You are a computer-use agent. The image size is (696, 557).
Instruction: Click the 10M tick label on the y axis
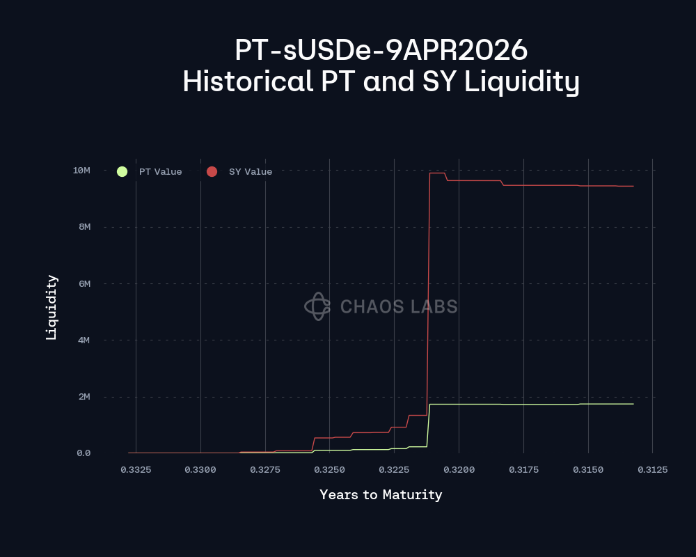[81, 171]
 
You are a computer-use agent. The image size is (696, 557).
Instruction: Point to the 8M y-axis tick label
[84, 227]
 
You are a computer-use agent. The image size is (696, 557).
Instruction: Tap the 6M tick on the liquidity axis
[84, 283]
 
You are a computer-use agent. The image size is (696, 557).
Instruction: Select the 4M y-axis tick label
[84, 340]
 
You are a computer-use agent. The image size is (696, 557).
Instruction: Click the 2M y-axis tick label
[84, 397]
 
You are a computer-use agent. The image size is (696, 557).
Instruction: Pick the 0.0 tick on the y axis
[84, 453]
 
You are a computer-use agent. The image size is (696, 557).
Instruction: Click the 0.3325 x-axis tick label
[136, 470]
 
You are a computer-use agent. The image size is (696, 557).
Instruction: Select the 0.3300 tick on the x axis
[200, 470]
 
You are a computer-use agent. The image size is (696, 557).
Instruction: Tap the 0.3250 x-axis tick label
[329, 470]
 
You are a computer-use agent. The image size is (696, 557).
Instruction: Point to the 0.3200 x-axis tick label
[459, 470]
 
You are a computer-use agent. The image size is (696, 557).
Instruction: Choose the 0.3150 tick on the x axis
[588, 470]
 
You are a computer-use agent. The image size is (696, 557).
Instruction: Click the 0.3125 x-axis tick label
[652, 470]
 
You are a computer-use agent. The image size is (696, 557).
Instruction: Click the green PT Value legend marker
[122, 171]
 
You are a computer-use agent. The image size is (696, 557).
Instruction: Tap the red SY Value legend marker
[212, 171]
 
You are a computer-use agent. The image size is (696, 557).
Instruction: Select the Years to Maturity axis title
[381, 495]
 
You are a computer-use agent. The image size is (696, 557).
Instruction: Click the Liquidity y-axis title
[52, 307]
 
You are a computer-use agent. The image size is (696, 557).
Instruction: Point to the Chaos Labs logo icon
[317, 306]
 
